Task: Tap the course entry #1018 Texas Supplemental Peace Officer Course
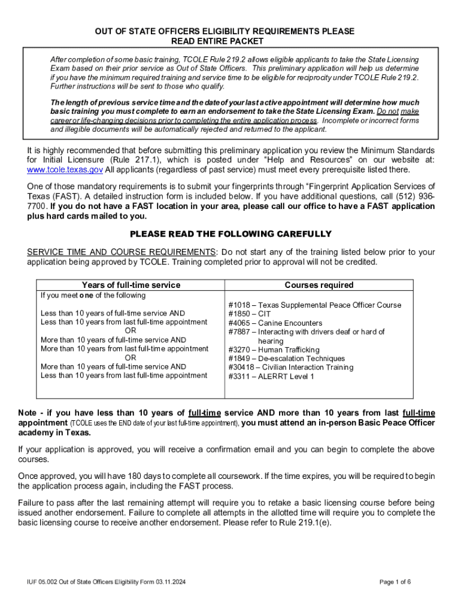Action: click(x=315, y=305)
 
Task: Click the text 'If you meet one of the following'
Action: click(x=93, y=296)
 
